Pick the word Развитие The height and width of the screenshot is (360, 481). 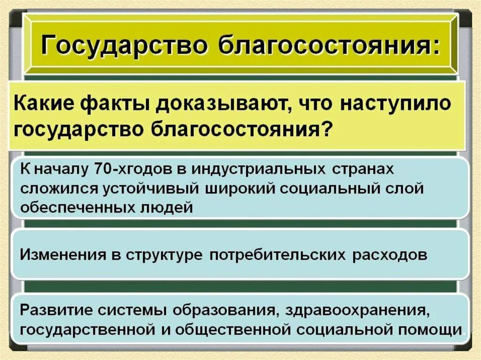pos(56,310)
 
